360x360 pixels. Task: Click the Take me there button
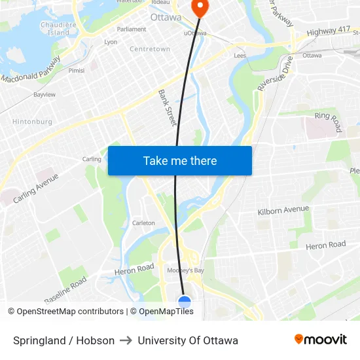tap(180, 161)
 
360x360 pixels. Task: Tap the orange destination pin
tap(199, 7)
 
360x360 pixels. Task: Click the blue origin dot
tap(185, 302)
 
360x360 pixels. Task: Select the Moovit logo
tap(321, 340)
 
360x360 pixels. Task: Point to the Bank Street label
tap(168, 108)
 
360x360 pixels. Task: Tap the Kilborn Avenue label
tap(283, 209)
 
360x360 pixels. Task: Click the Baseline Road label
tap(65, 290)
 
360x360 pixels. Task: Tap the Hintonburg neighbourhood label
tap(31, 122)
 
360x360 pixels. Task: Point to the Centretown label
tap(150, 49)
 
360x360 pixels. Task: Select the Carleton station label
tap(144, 223)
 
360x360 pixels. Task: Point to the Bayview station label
tap(45, 95)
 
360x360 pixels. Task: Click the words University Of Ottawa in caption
tap(188, 340)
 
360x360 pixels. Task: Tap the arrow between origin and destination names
tap(126, 340)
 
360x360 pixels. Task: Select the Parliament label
tap(132, 29)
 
